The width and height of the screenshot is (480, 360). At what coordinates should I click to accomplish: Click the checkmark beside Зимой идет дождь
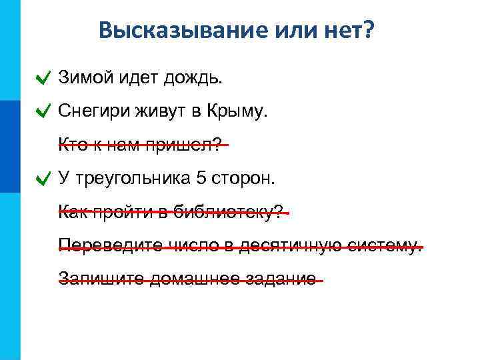[43, 79]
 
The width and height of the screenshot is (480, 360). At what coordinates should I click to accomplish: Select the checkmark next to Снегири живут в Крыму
[43, 112]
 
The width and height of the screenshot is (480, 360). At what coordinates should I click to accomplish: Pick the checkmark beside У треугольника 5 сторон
[43, 179]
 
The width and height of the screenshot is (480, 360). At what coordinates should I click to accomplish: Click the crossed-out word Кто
[71, 145]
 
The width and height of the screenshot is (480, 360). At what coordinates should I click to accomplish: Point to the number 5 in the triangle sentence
[202, 178]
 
